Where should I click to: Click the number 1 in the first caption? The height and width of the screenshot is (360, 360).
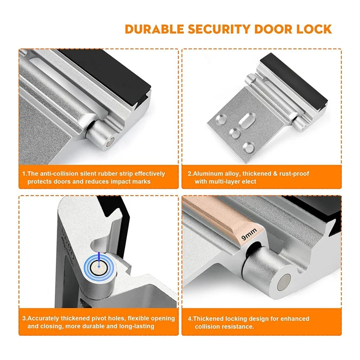24,174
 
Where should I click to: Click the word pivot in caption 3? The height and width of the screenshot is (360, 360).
102,319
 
